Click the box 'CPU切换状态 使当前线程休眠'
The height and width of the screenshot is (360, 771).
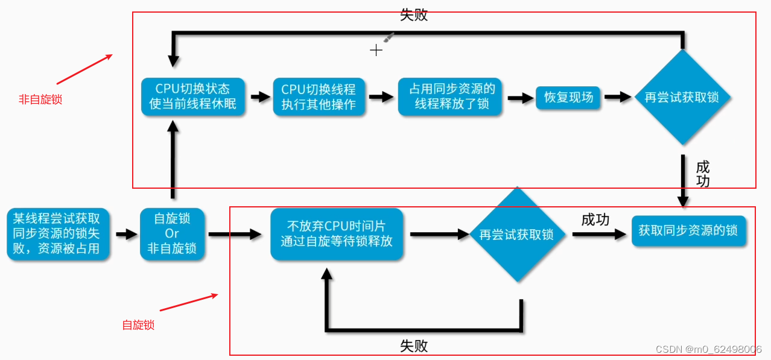click(x=193, y=96)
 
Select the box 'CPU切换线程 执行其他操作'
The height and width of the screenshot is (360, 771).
click(x=319, y=96)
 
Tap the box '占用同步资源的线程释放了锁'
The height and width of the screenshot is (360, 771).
click(x=451, y=96)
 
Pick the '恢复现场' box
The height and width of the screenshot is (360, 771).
click(x=568, y=97)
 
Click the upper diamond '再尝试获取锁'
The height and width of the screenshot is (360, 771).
click(x=682, y=97)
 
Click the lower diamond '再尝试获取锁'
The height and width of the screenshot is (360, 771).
click(x=516, y=235)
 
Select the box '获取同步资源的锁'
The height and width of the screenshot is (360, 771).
click(x=688, y=230)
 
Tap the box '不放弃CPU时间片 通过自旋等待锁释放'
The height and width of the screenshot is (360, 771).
click(x=337, y=234)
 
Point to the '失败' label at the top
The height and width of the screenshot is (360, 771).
click(x=414, y=15)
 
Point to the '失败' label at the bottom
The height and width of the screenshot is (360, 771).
click(x=414, y=346)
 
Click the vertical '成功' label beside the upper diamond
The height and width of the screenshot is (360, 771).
click(x=703, y=174)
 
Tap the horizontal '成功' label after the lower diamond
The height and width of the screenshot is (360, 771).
click(x=595, y=219)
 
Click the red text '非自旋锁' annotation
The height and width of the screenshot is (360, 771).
click(x=40, y=99)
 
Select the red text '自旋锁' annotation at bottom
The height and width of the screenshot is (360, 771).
click(x=138, y=325)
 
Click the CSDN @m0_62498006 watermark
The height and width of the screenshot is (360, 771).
click(x=708, y=349)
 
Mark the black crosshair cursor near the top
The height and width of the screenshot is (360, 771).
click(x=376, y=50)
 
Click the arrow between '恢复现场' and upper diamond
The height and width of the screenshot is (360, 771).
click(x=617, y=97)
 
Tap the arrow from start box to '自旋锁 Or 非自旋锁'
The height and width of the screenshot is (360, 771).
click(x=126, y=234)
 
